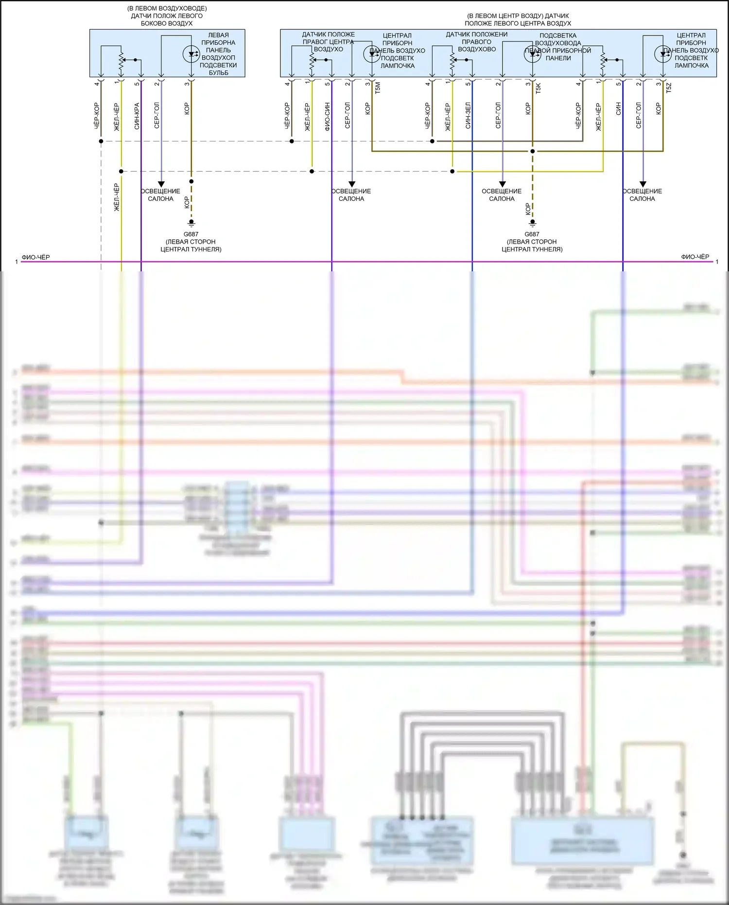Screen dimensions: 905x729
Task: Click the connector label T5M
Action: [378, 88]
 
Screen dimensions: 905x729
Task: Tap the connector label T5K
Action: [538, 88]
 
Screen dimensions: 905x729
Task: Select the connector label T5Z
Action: [668, 88]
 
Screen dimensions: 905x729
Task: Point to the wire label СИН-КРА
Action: [137, 116]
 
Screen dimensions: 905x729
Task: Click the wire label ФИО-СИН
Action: [327, 116]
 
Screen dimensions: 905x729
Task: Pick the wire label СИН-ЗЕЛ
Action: [468, 116]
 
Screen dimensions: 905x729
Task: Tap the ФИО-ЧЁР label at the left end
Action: [35, 257]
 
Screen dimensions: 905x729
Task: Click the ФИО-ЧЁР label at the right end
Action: [695, 257]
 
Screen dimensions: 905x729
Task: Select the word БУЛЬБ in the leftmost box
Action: [218, 72]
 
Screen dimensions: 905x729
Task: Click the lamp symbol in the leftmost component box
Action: [191, 54]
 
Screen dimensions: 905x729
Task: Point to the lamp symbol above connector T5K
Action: [533, 54]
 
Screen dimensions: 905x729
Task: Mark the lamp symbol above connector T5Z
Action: [663, 54]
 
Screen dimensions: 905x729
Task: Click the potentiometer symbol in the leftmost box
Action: [121, 60]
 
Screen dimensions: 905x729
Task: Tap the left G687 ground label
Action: [191, 234]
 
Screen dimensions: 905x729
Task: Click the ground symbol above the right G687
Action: [532, 223]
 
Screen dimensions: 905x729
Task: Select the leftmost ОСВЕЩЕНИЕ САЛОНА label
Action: [160, 195]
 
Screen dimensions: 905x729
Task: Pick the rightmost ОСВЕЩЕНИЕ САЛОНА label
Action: [642, 195]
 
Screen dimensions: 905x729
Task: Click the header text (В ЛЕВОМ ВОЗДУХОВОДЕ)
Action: [167, 8]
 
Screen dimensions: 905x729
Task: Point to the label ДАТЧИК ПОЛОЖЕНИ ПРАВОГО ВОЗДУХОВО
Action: [477, 42]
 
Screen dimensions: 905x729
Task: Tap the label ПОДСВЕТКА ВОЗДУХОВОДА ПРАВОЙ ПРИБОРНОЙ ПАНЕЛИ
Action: [558, 47]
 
